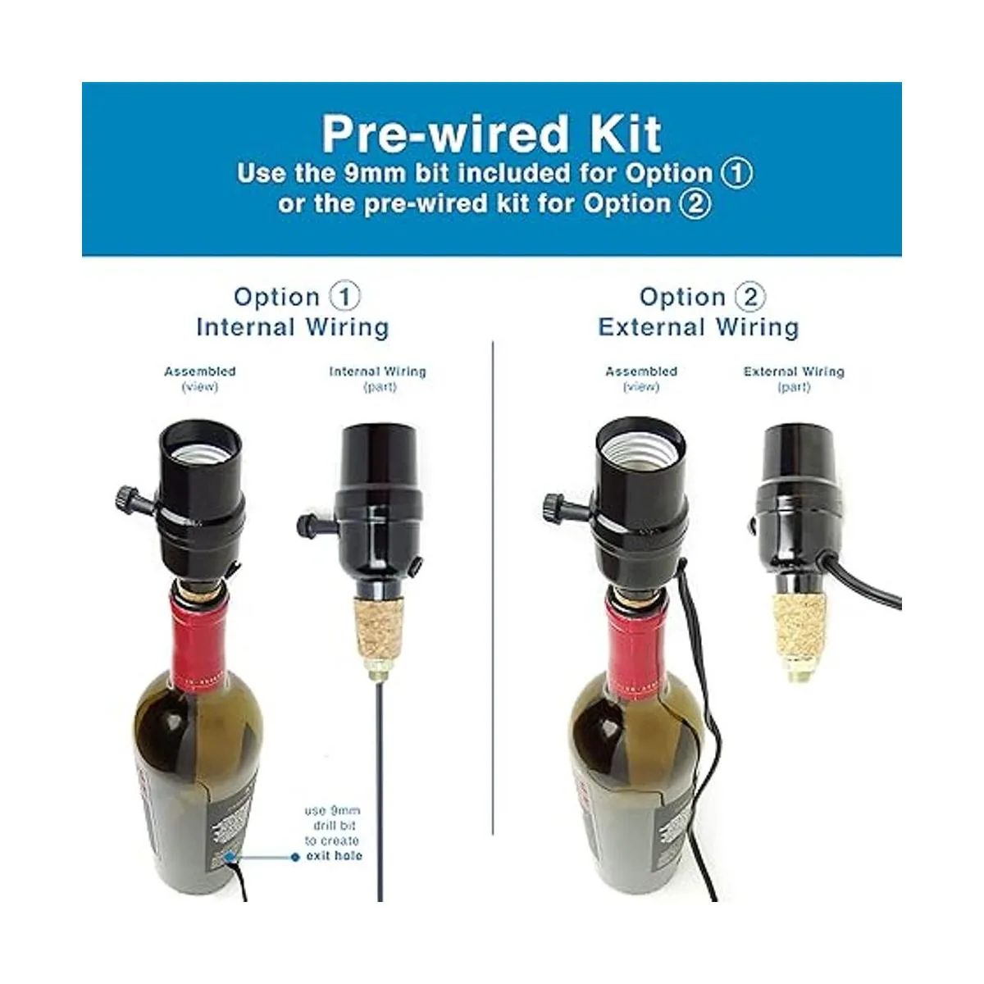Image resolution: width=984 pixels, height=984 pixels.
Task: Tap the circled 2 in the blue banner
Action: pyautogui.click(x=695, y=203)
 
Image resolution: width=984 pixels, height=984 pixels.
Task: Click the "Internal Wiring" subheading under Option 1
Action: pyautogui.click(x=293, y=327)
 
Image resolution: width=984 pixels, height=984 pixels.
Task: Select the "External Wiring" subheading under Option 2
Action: pyautogui.click(x=698, y=327)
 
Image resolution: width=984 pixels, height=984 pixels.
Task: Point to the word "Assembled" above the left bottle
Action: pyautogui.click(x=199, y=371)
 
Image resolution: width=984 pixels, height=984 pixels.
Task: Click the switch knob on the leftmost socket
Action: pyautogui.click(x=123, y=497)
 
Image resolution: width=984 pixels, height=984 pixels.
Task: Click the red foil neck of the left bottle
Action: pyautogui.click(x=197, y=639)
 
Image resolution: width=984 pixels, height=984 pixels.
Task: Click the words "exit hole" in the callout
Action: pyautogui.click(x=334, y=855)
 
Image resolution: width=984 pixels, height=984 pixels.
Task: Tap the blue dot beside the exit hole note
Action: pyautogui.click(x=295, y=857)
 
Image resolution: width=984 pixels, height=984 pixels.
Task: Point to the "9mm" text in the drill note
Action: pyautogui.click(x=343, y=811)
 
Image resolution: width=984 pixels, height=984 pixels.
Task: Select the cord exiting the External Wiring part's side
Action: pyautogui.click(x=869, y=582)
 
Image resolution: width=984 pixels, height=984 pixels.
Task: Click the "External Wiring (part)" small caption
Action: pyautogui.click(x=793, y=379)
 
